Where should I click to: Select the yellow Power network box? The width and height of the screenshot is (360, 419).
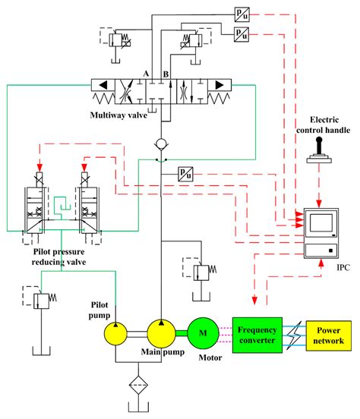[327, 335]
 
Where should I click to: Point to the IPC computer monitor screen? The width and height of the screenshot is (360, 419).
[320, 222]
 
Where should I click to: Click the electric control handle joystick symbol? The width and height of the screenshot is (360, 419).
[319, 155]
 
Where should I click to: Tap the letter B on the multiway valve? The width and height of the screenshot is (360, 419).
[166, 74]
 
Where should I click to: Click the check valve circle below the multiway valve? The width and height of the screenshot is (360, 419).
[162, 143]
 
